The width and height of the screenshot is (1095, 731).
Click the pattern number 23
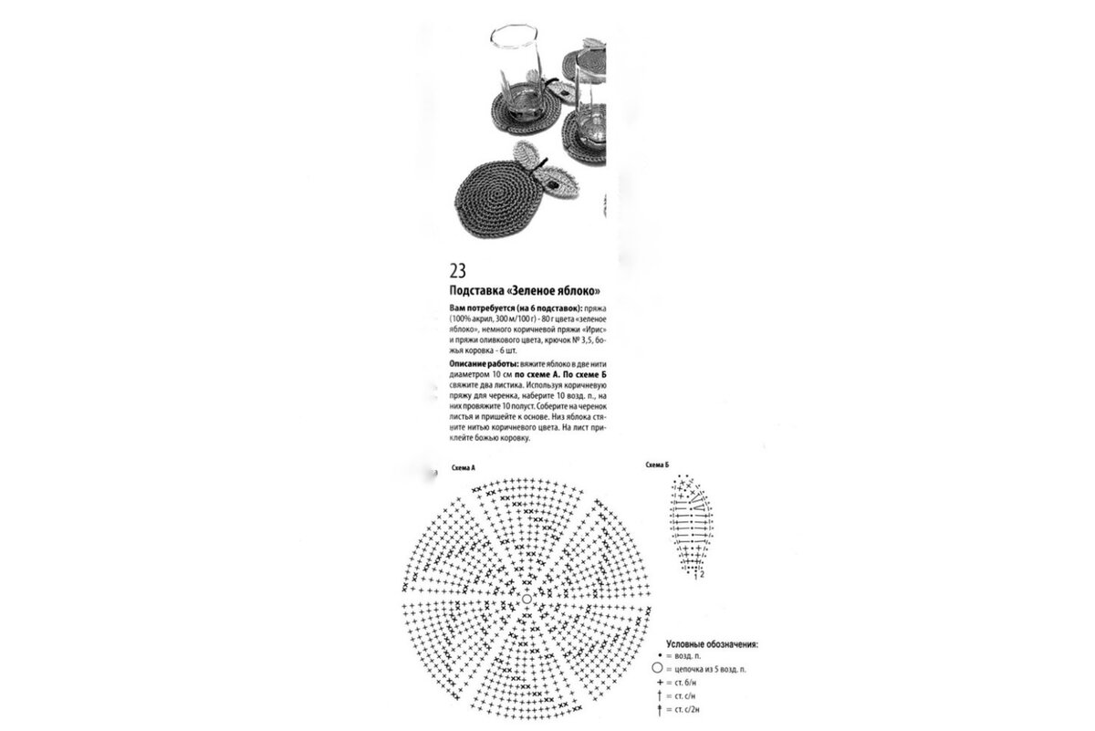(458, 271)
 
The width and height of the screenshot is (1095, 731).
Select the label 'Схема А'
(464, 468)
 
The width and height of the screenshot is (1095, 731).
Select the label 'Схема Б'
(657, 466)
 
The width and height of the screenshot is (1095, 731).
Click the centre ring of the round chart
(527, 599)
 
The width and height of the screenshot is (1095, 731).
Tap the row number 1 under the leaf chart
(696, 577)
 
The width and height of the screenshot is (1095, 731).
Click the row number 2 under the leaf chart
(703, 577)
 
